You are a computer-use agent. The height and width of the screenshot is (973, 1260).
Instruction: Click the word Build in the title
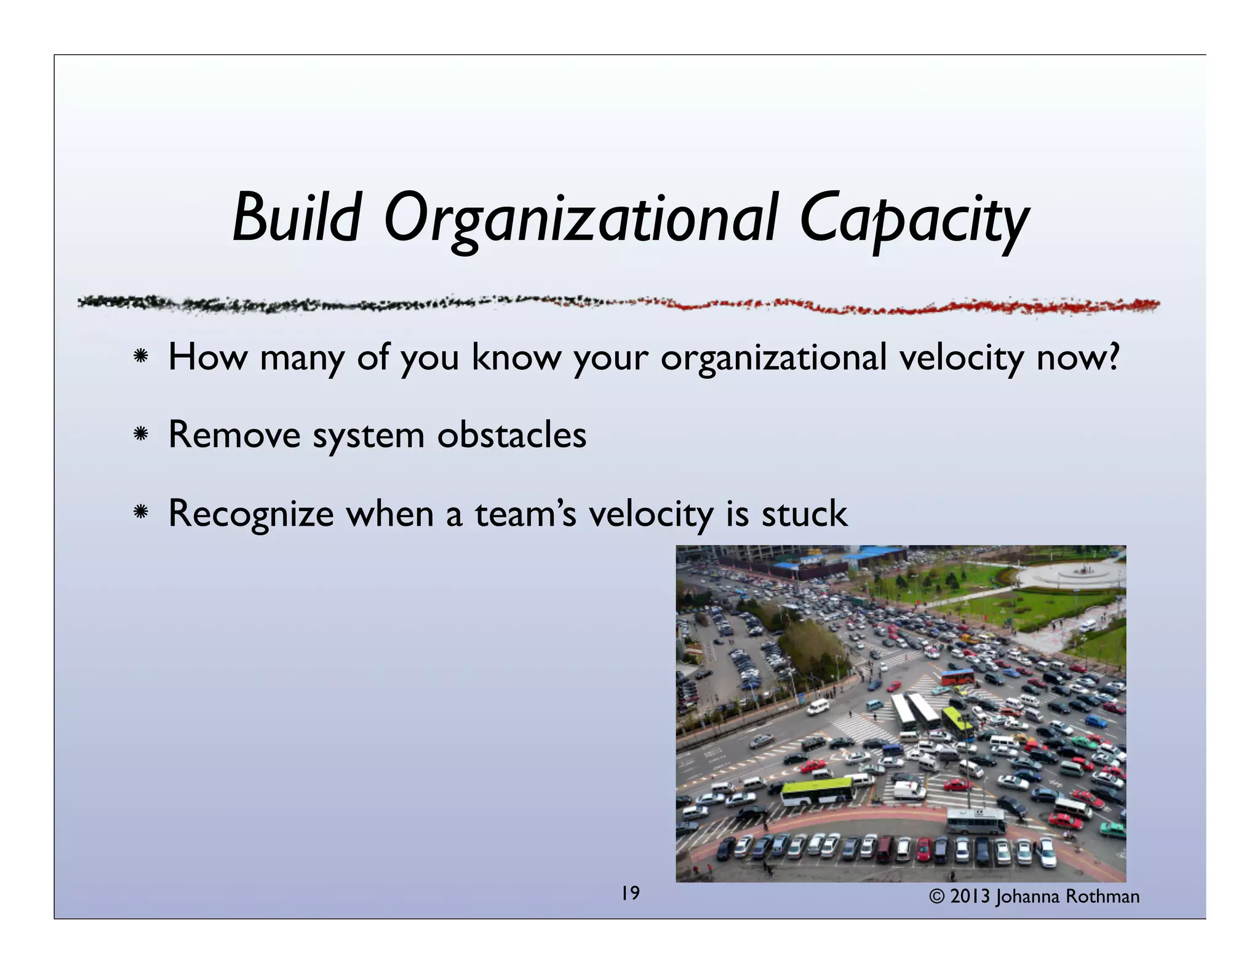pyautogui.click(x=296, y=219)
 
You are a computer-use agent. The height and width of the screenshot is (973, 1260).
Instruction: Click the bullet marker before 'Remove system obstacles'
pyautogui.click(x=141, y=435)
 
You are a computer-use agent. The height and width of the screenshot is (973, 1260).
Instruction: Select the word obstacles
pyautogui.click(x=511, y=435)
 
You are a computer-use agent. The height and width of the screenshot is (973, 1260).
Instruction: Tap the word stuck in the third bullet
pyautogui.click(x=803, y=514)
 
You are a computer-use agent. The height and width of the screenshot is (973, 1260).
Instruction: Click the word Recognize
pyautogui.click(x=250, y=515)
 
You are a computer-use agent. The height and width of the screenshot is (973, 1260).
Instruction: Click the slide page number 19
pyautogui.click(x=630, y=892)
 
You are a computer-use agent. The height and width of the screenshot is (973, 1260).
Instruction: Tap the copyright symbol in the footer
pyautogui.click(x=936, y=897)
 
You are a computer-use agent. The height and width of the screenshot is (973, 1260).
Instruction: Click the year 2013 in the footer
pyautogui.click(x=970, y=897)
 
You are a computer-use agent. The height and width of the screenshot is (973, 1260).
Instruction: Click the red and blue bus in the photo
pyautogui.click(x=958, y=677)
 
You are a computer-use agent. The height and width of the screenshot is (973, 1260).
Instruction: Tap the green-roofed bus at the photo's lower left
pyautogui.click(x=817, y=791)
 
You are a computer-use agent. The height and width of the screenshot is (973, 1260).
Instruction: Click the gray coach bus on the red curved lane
pyautogui.click(x=976, y=820)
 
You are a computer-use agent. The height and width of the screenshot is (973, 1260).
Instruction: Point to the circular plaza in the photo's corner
pyautogui.click(x=1074, y=575)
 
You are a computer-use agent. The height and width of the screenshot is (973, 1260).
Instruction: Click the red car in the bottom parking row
pyautogui.click(x=924, y=849)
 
